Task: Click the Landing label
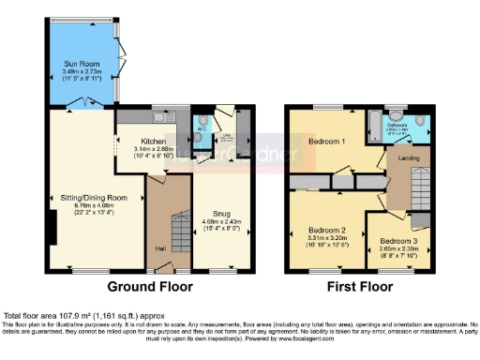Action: pyautogui.click(x=409, y=157)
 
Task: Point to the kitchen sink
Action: pyautogui.click(x=161, y=118)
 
